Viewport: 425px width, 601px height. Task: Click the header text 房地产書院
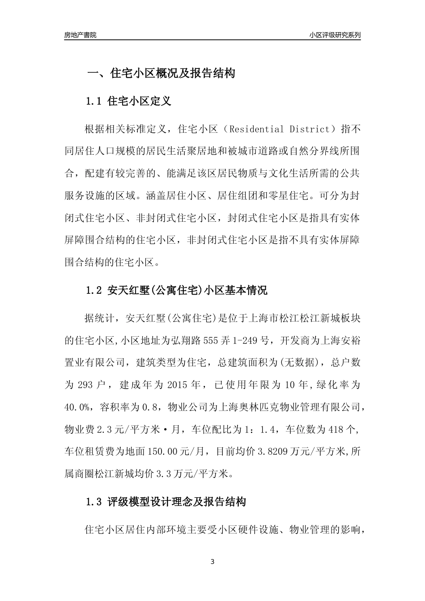[80, 35]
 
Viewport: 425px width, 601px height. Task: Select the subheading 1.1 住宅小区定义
[128, 101]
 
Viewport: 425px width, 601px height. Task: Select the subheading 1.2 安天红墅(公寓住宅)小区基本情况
[177, 291]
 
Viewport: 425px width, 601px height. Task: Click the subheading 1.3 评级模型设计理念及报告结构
[166, 502]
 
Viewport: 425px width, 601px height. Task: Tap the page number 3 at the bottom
[212, 562]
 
